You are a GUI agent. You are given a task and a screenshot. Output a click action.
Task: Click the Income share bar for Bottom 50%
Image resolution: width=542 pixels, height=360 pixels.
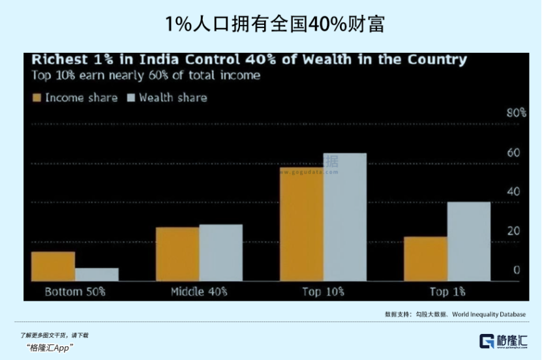click(53, 266)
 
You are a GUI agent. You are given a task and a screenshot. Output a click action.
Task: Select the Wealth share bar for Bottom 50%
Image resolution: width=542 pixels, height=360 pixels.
click(97, 275)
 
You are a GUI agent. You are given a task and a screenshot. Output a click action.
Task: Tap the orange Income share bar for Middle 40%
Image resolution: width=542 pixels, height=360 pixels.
click(177, 254)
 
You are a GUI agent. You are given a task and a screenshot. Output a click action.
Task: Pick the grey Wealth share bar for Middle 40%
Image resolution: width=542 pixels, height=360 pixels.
click(220, 252)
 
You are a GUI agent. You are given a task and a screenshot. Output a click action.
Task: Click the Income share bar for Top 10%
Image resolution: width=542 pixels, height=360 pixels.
click(301, 224)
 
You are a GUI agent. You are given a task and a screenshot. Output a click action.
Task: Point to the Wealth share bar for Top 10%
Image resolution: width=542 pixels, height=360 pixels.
click(344, 217)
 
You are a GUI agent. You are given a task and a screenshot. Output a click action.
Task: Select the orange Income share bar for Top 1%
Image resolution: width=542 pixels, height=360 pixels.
click(425, 258)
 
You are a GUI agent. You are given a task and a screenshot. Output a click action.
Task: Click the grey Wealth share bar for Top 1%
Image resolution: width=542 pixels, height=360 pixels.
click(468, 241)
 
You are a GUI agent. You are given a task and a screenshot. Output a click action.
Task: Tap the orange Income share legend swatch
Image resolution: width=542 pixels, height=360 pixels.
click(37, 98)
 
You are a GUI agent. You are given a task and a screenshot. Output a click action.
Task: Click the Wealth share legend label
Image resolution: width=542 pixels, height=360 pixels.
click(172, 98)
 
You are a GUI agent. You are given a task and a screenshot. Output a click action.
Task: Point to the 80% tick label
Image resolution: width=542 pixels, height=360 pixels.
click(516, 113)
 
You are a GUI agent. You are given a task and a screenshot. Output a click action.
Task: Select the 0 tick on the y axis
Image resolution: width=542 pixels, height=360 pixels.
click(516, 270)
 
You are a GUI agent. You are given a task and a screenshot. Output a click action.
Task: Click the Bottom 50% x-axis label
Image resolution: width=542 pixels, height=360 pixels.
click(74, 292)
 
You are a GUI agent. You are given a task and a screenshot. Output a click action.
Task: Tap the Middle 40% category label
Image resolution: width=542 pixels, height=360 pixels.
click(198, 292)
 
